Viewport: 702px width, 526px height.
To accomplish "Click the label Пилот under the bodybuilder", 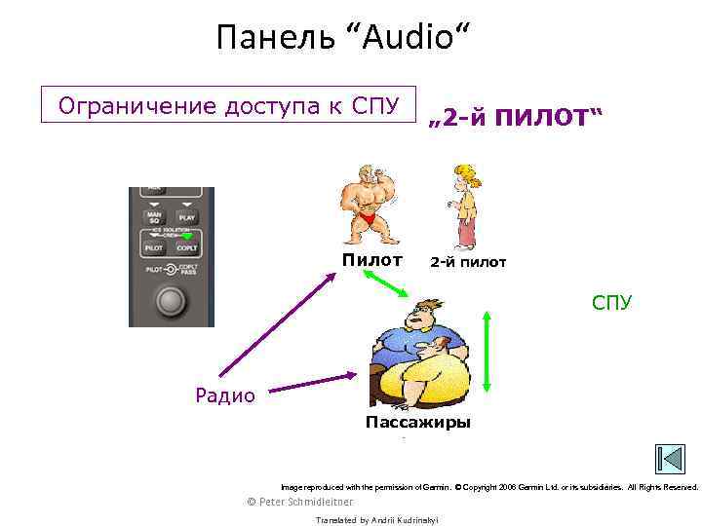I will click(371, 260).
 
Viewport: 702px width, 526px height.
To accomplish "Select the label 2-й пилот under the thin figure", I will click(468, 262).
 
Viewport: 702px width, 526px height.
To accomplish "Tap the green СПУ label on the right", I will click(612, 303).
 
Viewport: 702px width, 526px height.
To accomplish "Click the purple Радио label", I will click(225, 394).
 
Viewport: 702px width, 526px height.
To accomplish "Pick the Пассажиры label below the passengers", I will click(417, 422).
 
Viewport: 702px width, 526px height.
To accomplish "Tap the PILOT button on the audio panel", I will click(154, 248).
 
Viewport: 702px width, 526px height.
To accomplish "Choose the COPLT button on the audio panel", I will click(187, 248).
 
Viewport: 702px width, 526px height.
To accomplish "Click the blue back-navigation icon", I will click(670, 459).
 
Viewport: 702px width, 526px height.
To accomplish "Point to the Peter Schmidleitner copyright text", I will click(300, 502).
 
